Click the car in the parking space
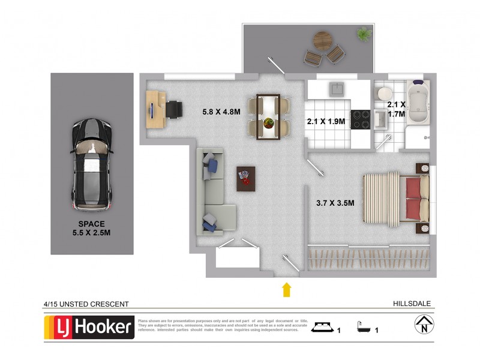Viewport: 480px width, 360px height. (x=91, y=163)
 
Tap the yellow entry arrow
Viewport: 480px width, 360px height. (x=287, y=289)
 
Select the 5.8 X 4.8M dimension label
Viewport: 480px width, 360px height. (x=221, y=111)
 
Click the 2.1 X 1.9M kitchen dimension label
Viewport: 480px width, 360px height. (x=326, y=121)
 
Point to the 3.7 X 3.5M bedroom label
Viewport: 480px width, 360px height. (x=335, y=203)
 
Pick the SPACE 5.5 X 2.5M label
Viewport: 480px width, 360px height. (x=91, y=229)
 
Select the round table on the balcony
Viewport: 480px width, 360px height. (x=323, y=41)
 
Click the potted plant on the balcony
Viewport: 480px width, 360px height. (x=364, y=34)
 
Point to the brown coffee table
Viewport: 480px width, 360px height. (x=245, y=179)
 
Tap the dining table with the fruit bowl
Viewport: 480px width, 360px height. (x=268, y=116)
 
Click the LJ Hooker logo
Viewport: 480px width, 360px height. (x=90, y=327)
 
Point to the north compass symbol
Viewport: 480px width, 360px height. (x=424, y=326)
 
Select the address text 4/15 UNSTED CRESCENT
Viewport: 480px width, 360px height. (x=86, y=304)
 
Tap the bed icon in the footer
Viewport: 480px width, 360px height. (x=322, y=328)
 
